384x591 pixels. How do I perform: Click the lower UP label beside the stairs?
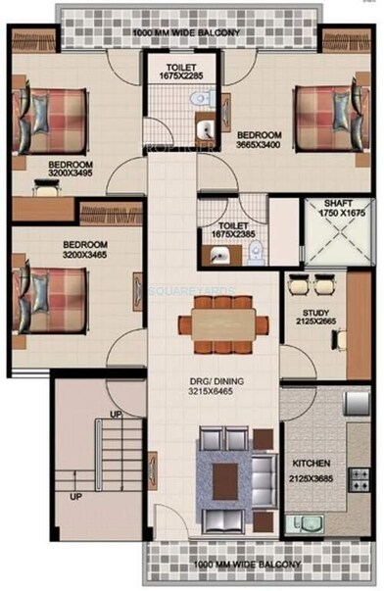point(75,496)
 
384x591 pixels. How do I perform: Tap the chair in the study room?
point(340,339)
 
